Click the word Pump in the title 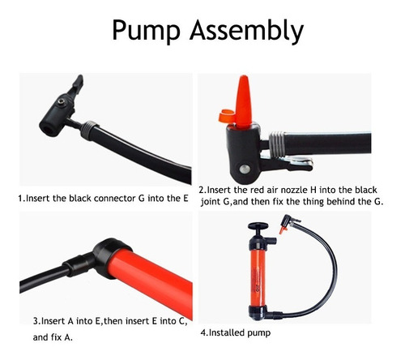pyautogui.click(x=146, y=30)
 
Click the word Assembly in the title pyautogui.click(x=247, y=30)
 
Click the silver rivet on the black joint pyautogui.click(x=245, y=169)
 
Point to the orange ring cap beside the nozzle pyautogui.click(x=226, y=116)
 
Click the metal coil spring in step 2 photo pyautogui.click(x=277, y=144)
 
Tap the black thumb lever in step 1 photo pyautogui.click(x=76, y=85)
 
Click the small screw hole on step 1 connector pyautogui.click(x=62, y=102)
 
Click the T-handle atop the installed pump pyautogui.click(x=258, y=225)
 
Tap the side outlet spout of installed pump pyautogui.click(x=271, y=240)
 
